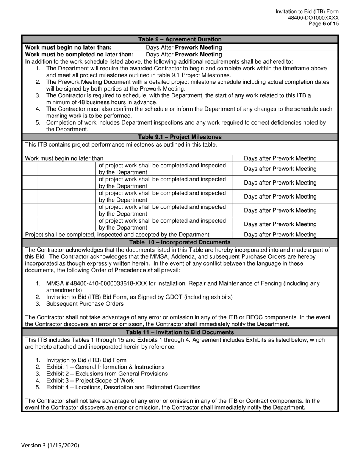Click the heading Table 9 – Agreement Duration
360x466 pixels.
point(180,39)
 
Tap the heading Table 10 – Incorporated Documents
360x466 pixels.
point(180,242)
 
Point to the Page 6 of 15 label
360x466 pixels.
point(324,23)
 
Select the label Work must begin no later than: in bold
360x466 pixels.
point(68,47)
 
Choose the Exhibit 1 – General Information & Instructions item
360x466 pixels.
point(105,367)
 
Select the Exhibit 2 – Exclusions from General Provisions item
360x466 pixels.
point(107,374)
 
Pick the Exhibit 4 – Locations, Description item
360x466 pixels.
point(123,387)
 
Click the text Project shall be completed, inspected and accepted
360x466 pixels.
point(117,235)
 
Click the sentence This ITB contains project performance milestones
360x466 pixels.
point(121,144)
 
